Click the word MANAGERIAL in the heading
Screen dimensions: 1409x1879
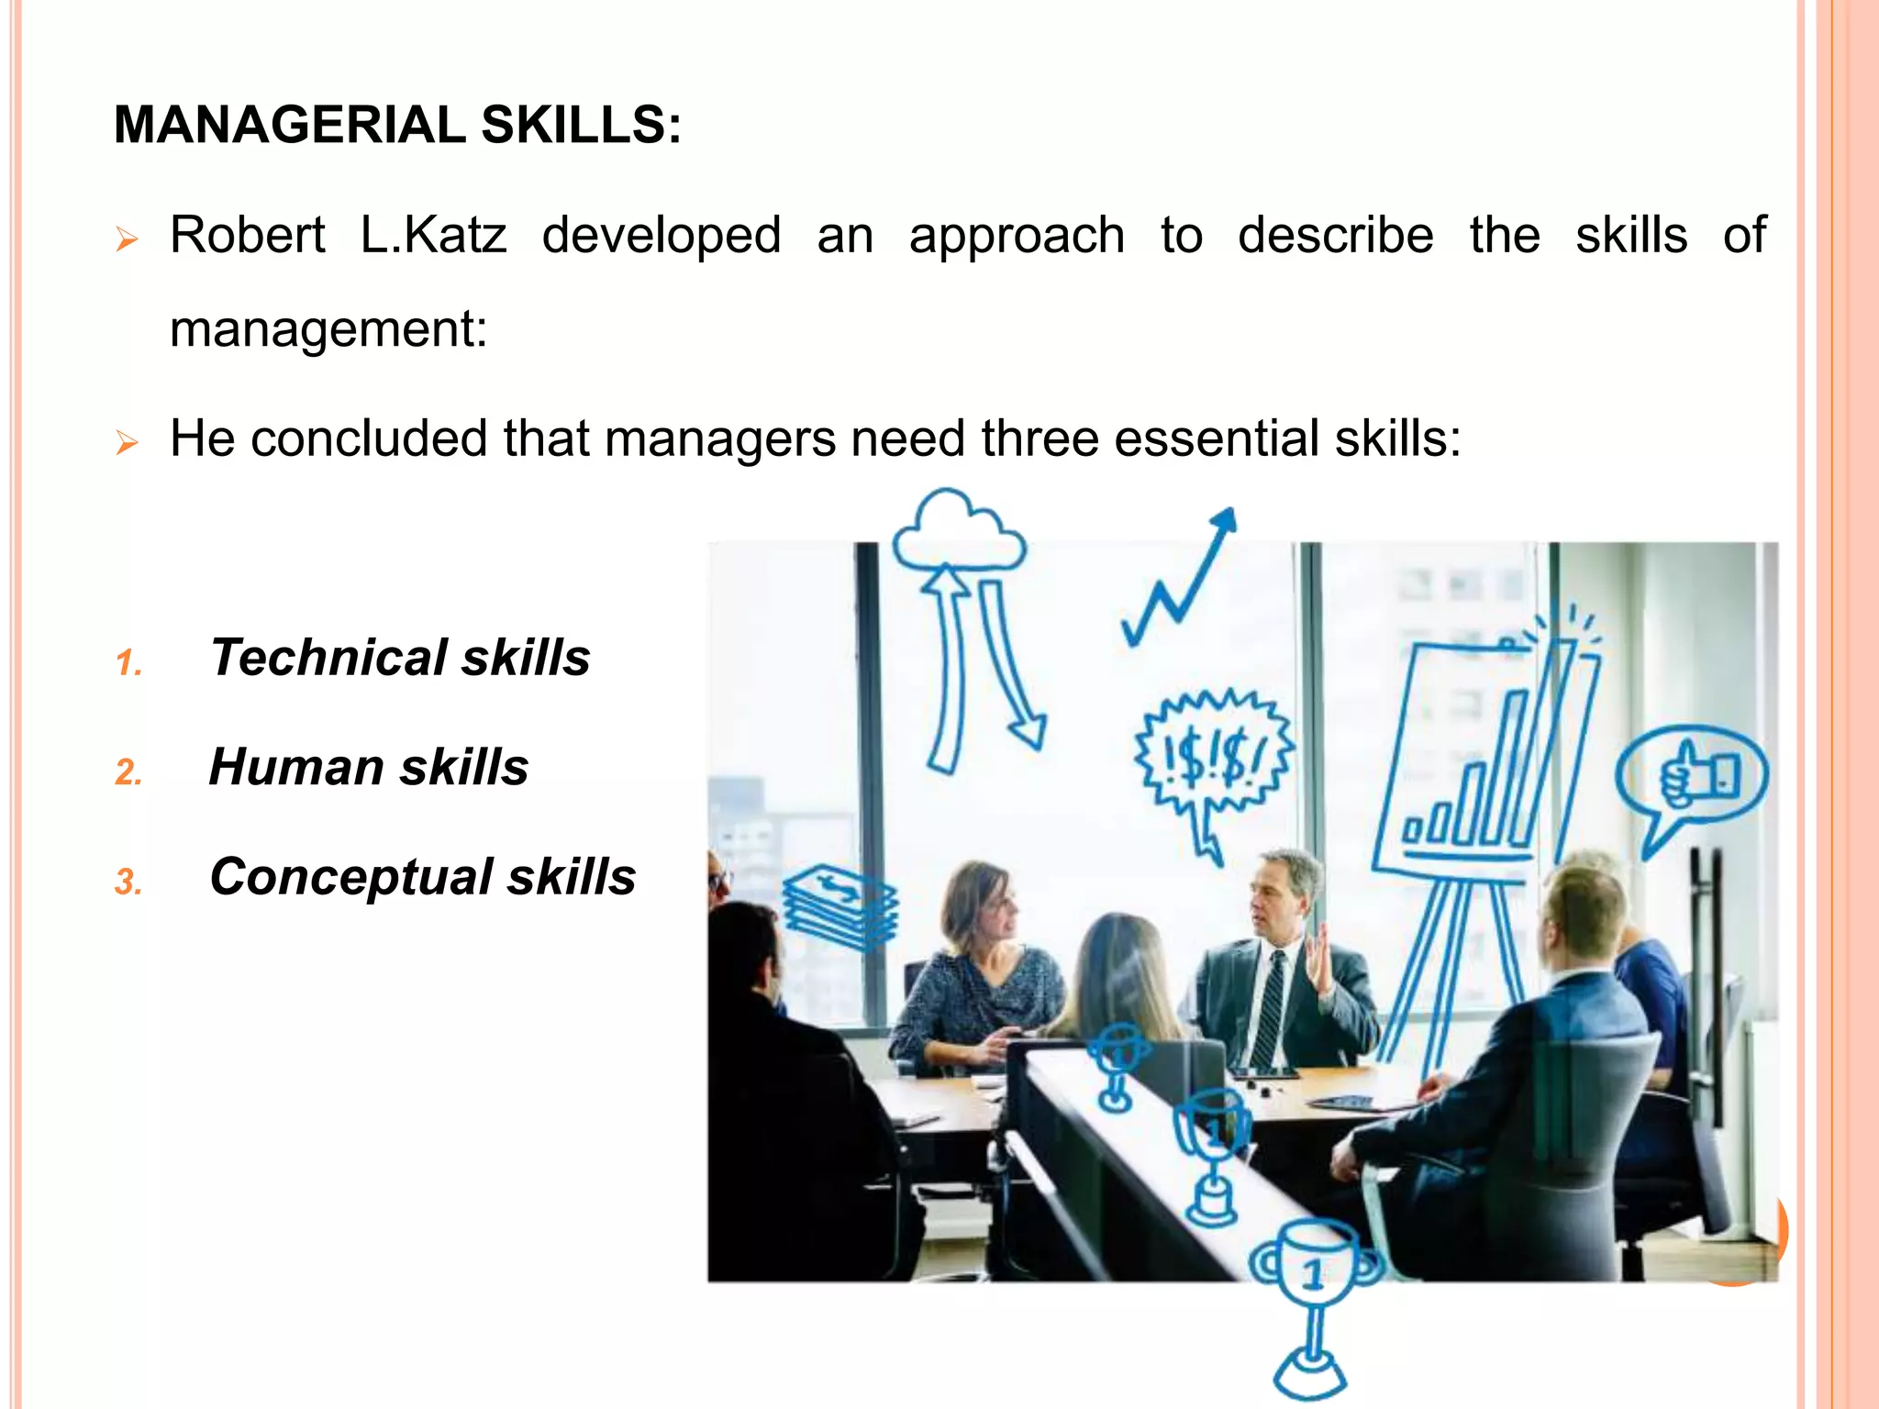[289, 125]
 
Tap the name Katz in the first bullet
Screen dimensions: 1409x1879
[455, 235]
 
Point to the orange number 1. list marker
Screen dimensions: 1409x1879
[129, 662]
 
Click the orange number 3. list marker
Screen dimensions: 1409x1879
[128, 882]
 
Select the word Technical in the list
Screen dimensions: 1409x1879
[328, 658]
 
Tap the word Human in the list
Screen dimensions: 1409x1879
[295, 767]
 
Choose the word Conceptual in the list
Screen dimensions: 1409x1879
[350, 876]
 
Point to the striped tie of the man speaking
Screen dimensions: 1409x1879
[1270, 1009]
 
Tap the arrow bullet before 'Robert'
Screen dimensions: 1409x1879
[127, 241]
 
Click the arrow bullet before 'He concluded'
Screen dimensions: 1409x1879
[127, 444]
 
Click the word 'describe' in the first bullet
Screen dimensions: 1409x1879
[1335, 235]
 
